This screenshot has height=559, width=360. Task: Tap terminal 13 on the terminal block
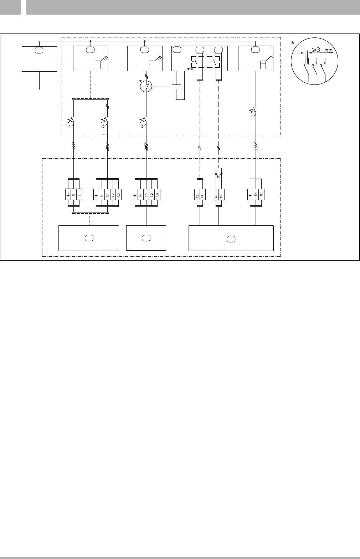pos(197,196)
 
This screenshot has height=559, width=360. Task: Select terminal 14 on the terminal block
pos(202,196)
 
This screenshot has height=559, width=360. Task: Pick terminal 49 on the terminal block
pos(216,196)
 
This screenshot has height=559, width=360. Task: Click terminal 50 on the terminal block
pos(221,196)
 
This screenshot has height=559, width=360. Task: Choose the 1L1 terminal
pos(261,196)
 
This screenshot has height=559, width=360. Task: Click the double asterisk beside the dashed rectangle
pos(190,69)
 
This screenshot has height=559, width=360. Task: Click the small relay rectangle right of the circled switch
pos(176,86)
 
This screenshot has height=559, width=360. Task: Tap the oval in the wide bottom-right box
pos(231,238)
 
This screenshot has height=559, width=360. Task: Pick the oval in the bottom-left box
pos(88,238)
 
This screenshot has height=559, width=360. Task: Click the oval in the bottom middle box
pos(146,238)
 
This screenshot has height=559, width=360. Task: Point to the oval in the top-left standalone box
pos(39,50)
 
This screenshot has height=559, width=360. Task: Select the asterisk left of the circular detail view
pos(293,43)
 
